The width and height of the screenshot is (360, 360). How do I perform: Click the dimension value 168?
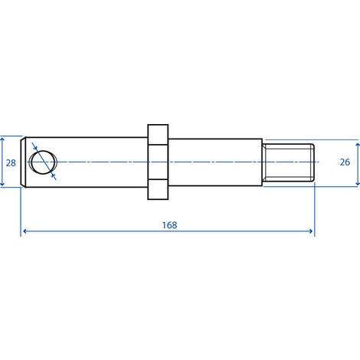[169, 224]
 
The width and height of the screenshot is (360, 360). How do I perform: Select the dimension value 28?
[11, 162]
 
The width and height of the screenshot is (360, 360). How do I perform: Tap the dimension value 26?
[345, 162]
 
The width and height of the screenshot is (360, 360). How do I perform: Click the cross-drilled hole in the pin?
[43, 162]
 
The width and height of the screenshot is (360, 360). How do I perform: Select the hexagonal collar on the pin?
[156, 162]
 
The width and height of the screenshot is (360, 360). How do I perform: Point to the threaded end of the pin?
[289, 162]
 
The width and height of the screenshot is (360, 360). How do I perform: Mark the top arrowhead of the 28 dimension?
[3, 140]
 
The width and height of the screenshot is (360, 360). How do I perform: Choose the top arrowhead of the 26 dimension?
[358, 143]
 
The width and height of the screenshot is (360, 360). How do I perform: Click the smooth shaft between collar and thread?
[214, 162]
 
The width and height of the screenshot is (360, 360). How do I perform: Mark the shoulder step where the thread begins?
[263, 162]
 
